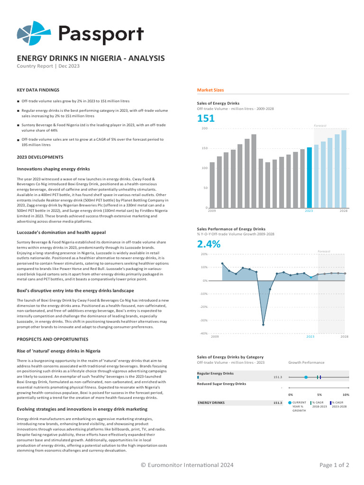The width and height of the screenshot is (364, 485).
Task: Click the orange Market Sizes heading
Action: point(210,90)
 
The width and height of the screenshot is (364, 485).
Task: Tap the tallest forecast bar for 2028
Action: point(344,169)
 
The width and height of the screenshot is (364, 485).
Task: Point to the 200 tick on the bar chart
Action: point(205,128)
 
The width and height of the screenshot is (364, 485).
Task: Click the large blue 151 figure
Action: point(206,119)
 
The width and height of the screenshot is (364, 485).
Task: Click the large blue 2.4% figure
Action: point(209,244)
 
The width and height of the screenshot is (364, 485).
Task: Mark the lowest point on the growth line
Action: point(263,325)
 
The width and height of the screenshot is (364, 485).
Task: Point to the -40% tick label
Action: point(204,333)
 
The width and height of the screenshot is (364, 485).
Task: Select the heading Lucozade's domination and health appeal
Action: point(61,233)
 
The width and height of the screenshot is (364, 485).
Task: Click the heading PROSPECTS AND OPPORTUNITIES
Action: point(53,340)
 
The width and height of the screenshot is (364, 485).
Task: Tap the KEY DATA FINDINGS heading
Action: point(38,90)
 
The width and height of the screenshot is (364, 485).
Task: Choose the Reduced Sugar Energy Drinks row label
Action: point(221,384)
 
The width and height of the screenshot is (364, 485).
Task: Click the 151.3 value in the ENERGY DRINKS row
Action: point(278,403)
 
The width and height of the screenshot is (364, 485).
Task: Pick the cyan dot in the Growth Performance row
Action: point(306,377)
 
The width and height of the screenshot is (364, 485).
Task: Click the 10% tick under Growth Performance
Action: point(346,395)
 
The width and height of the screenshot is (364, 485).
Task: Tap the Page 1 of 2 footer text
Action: point(334,465)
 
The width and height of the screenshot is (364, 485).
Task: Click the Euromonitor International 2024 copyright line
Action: point(187,465)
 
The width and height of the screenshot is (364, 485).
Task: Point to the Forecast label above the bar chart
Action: point(320,126)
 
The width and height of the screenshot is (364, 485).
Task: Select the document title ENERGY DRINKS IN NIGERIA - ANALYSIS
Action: point(91,58)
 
